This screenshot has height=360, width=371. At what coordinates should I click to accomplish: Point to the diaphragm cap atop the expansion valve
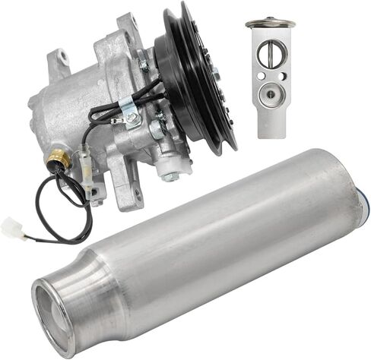pos(270,24)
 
